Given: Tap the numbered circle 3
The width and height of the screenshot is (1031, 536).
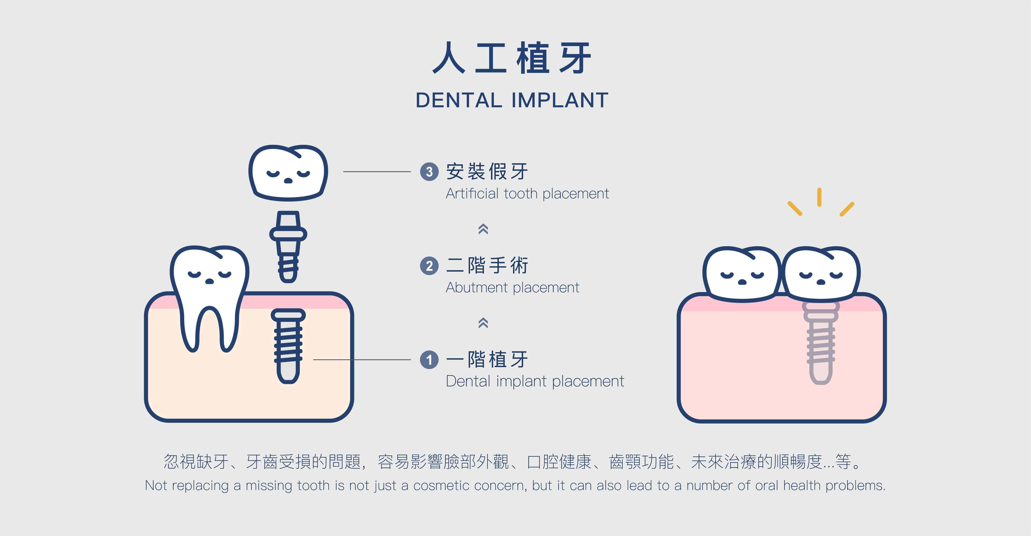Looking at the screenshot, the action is pyautogui.click(x=430, y=172).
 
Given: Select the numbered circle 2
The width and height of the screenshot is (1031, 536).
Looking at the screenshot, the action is pyautogui.click(x=430, y=266).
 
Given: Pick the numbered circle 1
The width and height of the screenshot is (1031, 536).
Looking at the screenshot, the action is pyautogui.click(x=430, y=360).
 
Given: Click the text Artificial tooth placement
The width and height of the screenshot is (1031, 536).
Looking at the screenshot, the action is pyautogui.click(x=527, y=194).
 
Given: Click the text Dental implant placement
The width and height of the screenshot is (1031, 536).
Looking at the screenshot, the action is pyautogui.click(x=535, y=381).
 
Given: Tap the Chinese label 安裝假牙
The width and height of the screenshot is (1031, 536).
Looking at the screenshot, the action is pyautogui.click(x=487, y=172).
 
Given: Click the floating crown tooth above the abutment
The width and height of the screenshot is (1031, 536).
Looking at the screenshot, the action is pyautogui.click(x=288, y=172).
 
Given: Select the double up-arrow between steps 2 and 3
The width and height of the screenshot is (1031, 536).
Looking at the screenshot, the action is pyautogui.click(x=483, y=229).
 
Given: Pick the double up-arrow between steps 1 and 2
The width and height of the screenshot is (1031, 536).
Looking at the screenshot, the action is pyautogui.click(x=483, y=323).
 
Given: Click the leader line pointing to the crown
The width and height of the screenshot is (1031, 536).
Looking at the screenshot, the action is pyautogui.click(x=377, y=172).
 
